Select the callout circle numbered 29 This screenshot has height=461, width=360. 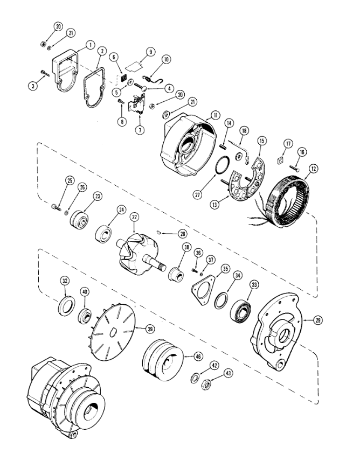[x=318, y=320]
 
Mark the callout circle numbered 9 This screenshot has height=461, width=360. [x=151, y=52]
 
